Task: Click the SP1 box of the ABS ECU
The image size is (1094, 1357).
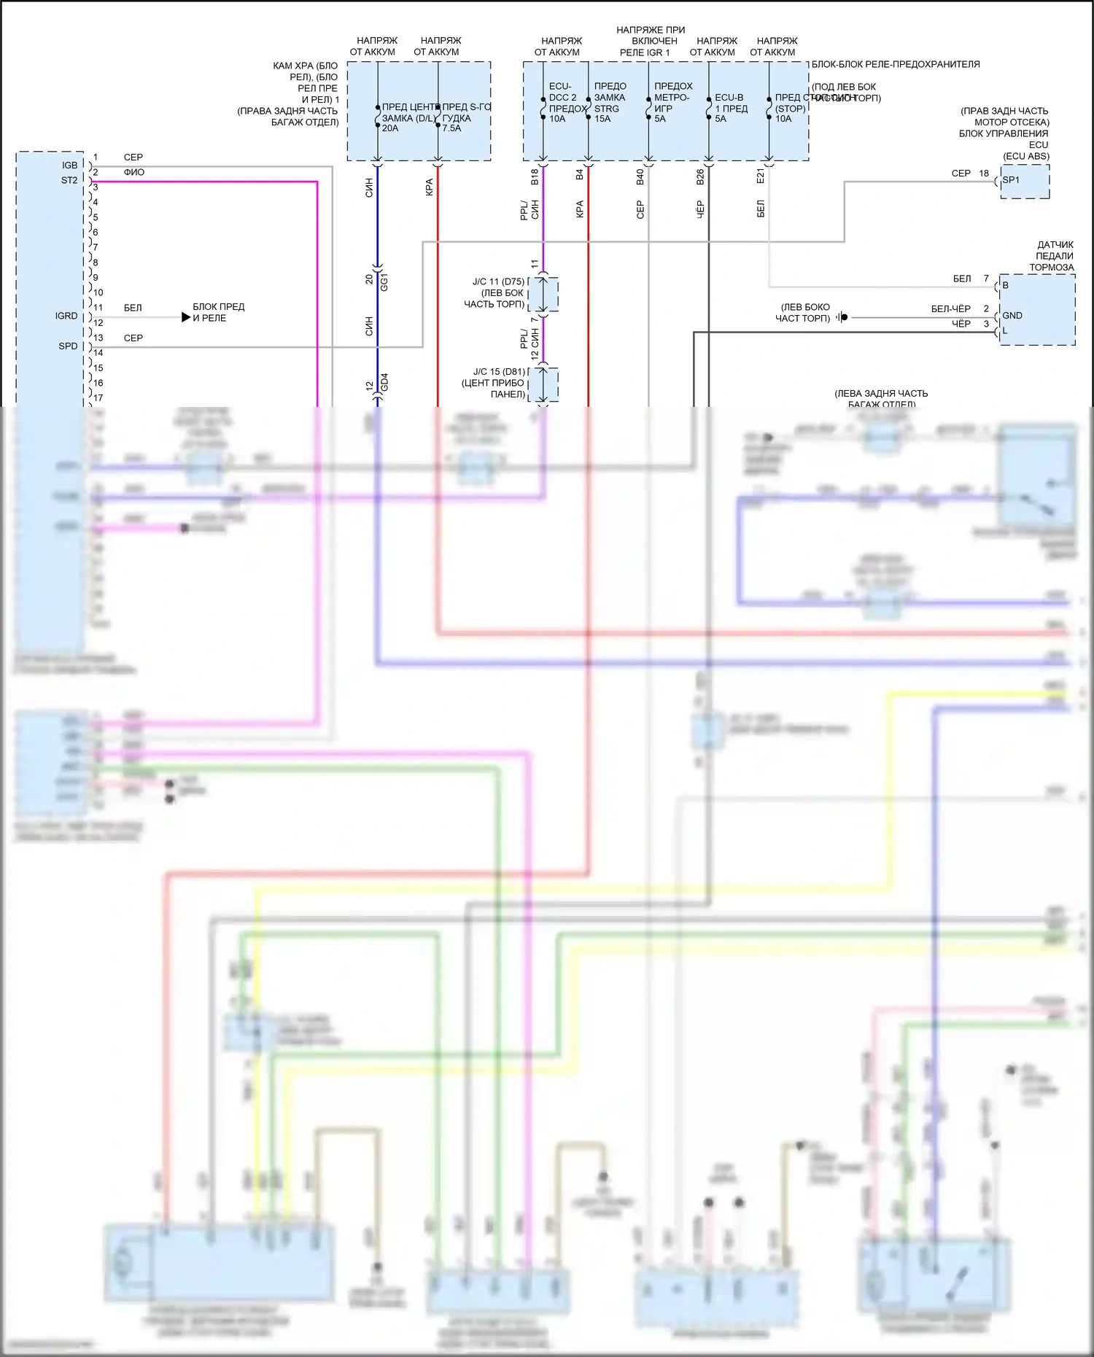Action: [1024, 181]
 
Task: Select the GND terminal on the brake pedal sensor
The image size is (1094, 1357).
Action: [1012, 316]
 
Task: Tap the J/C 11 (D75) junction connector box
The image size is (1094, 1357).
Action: [543, 293]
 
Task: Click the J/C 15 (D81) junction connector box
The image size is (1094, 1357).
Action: [543, 384]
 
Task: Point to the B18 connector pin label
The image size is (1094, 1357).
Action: [535, 176]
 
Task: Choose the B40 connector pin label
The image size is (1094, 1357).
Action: [640, 176]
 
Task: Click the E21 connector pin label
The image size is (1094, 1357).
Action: [760, 176]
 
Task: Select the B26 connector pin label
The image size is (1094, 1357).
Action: [700, 176]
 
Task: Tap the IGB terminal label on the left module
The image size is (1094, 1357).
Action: [69, 166]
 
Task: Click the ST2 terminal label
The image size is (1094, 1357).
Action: [69, 180]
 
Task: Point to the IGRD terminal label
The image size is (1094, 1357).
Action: [66, 316]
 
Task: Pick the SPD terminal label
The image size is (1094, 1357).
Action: [68, 346]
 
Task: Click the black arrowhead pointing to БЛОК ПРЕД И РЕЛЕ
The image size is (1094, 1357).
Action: [186, 317]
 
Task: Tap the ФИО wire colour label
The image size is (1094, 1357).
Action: [134, 173]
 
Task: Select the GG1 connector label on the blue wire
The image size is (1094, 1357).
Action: [384, 282]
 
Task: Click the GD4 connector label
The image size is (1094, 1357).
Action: [384, 381]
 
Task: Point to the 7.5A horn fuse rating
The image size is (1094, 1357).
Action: [451, 128]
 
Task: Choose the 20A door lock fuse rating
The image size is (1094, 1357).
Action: [390, 128]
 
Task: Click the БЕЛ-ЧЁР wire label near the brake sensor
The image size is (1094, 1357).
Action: [950, 309]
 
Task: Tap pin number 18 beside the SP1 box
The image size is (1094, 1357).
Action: [984, 174]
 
